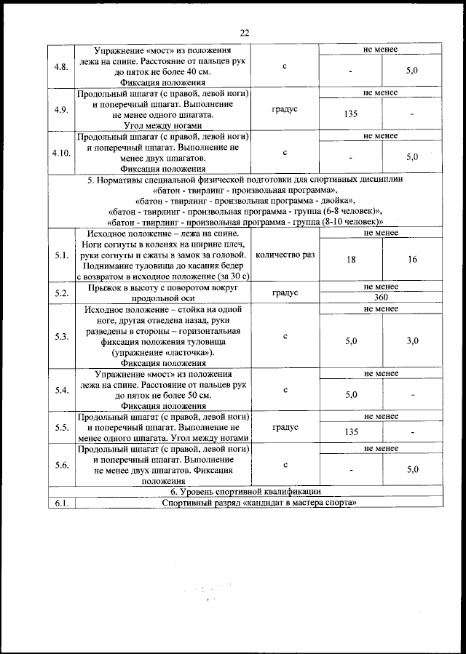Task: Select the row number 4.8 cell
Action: click(x=61, y=67)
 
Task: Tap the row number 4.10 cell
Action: click(x=61, y=153)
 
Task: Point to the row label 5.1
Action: click(x=61, y=255)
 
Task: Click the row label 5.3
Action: click(x=61, y=336)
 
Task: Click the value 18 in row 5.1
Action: click(x=351, y=260)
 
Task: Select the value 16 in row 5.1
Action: click(x=412, y=260)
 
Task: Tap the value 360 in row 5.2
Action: click(x=381, y=298)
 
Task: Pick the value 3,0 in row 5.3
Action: click(x=412, y=340)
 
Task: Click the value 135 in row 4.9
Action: click(x=351, y=114)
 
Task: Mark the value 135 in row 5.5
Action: click(x=351, y=431)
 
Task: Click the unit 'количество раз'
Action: click(x=285, y=255)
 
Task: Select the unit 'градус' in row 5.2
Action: click(x=285, y=293)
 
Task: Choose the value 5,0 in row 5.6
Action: click(x=412, y=470)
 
